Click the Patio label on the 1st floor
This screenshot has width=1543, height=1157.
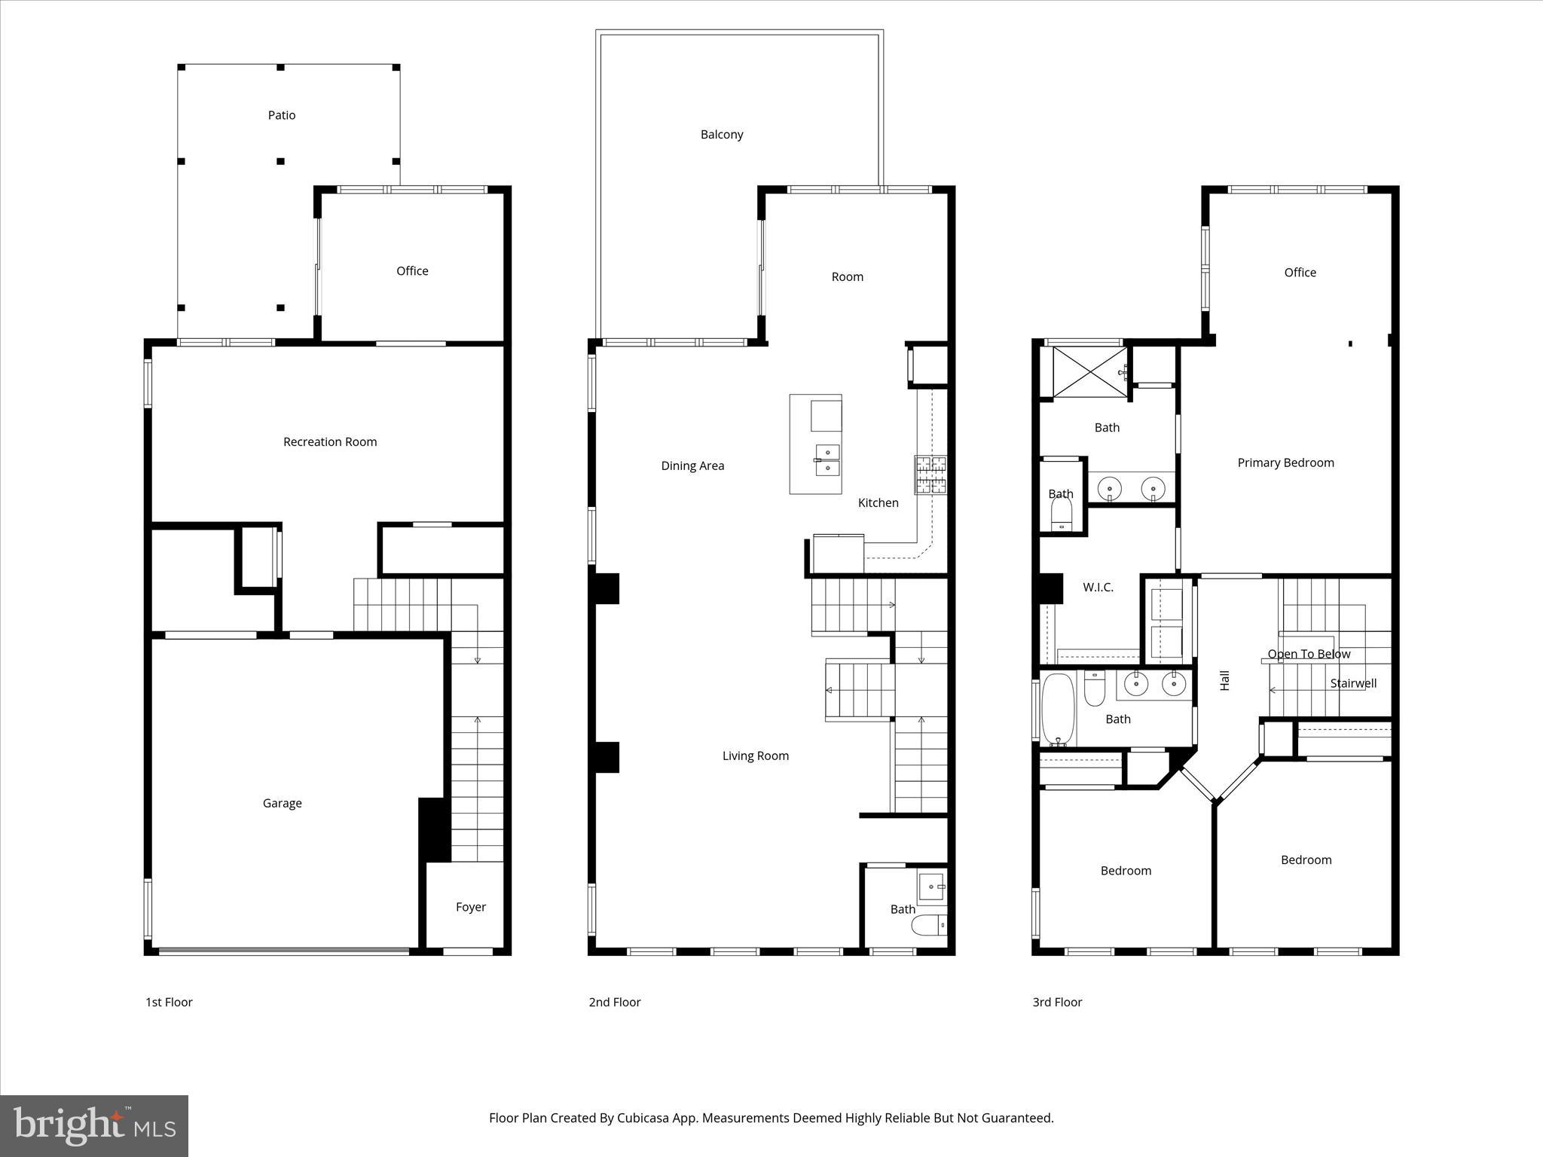tap(282, 115)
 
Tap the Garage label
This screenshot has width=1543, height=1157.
tap(282, 803)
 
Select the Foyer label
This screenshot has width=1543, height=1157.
tap(470, 907)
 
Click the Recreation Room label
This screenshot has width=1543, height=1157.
tap(330, 442)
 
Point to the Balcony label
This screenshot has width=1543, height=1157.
tap(722, 135)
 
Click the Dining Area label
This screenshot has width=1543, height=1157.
tap(692, 466)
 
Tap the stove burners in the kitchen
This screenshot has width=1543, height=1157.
tap(930, 475)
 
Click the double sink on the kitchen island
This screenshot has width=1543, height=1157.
tap(827, 460)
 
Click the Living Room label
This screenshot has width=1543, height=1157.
tap(755, 756)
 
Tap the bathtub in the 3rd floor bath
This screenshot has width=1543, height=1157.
tap(1058, 709)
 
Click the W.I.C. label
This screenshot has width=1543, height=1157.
tap(1098, 588)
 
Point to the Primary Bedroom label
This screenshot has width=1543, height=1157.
tap(1285, 462)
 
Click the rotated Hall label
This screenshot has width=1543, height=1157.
tap(1225, 680)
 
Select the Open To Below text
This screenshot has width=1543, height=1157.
tap(1309, 654)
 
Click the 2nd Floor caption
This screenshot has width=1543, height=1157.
tap(615, 1002)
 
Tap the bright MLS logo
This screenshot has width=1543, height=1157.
tap(94, 1126)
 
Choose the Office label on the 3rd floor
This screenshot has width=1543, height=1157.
tap(1300, 273)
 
